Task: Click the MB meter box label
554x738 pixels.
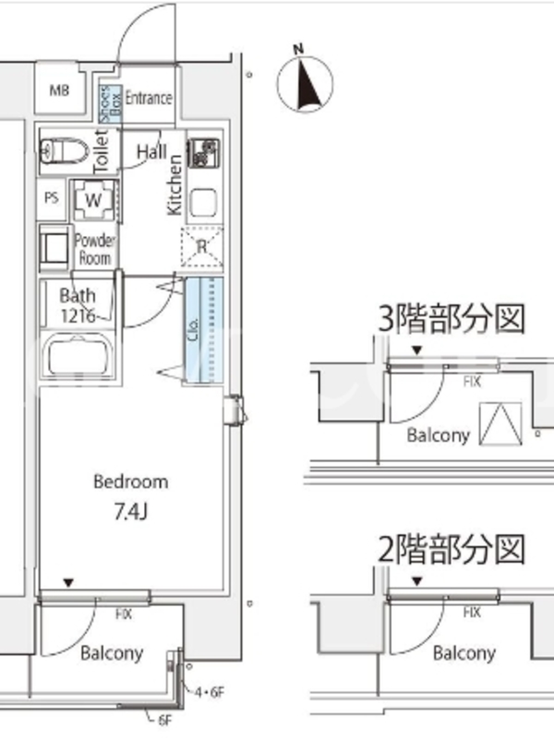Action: (x=59, y=89)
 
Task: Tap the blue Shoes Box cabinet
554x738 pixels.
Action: (x=110, y=103)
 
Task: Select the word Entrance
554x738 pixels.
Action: (x=149, y=98)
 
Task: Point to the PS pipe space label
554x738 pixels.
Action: (x=52, y=197)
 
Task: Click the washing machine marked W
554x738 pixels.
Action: (x=93, y=200)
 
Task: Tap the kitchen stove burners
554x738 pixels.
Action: (x=203, y=152)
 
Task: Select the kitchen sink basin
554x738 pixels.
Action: (x=203, y=202)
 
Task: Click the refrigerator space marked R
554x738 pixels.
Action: (x=202, y=246)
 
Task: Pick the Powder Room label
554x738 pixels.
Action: (x=95, y=249)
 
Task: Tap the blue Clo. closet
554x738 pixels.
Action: (x=203, y=330)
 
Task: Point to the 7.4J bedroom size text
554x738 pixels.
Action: (x=130, y=512)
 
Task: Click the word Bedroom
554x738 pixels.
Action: (x=130, y=482)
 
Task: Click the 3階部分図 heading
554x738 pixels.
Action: (x=452, y=318)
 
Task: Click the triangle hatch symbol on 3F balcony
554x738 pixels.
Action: (x=500, y=423)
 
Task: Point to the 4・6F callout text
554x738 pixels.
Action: (x=211, y=692)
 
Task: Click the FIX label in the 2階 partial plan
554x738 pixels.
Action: (x=472, y=612)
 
